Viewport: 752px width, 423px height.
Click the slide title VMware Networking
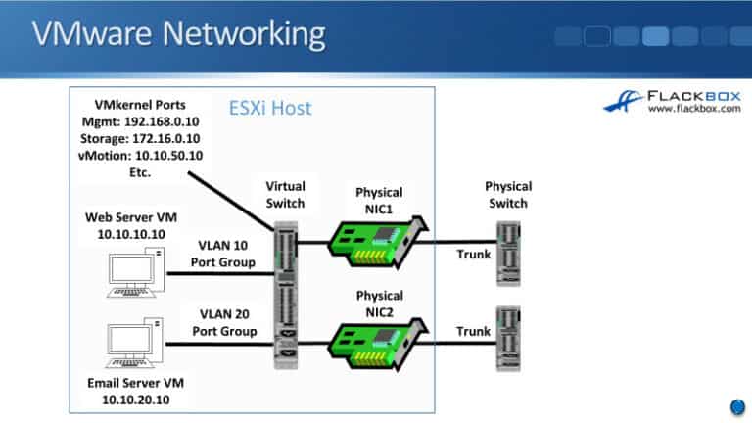click(x=178, y=34)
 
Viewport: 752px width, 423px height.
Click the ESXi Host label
click(x=270, y=108)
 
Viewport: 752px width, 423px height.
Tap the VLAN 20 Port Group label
click(x=224, y=324)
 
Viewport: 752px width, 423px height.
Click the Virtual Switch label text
click(x=285, y=194)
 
